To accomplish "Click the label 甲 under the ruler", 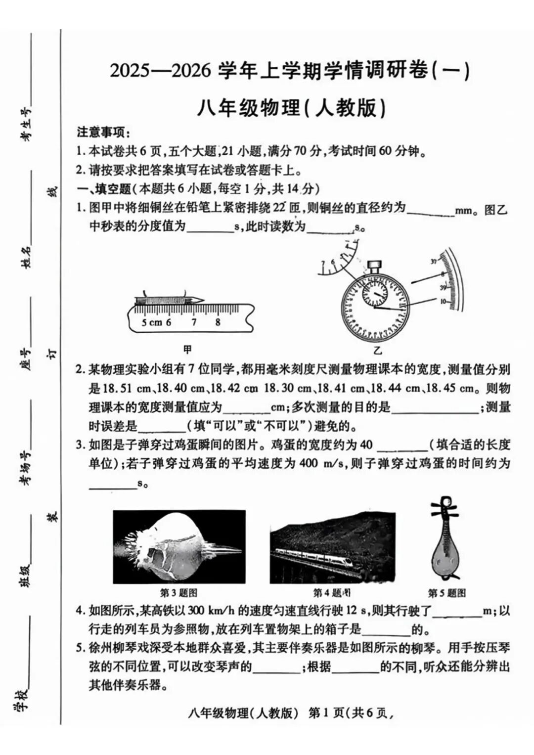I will pyautogui.click(x=187, y=350).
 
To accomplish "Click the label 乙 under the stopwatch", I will pyautogui.click(x=378, y=351).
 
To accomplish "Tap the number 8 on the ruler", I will pyautogui.click(x=218, y=322).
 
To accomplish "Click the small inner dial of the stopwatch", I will pyautogui.click(x=376, y=295).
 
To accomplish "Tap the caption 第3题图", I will pyautogui.click(x=178, y=592).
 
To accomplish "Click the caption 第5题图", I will pyautogui.click(x=446, y=592).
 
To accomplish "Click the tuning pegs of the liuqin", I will pyautogui.click(x=443, y=507).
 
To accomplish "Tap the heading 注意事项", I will pyautogui.click(x=103, y=133).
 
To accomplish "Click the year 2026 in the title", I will pyautogui.click(x=191, y=71).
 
